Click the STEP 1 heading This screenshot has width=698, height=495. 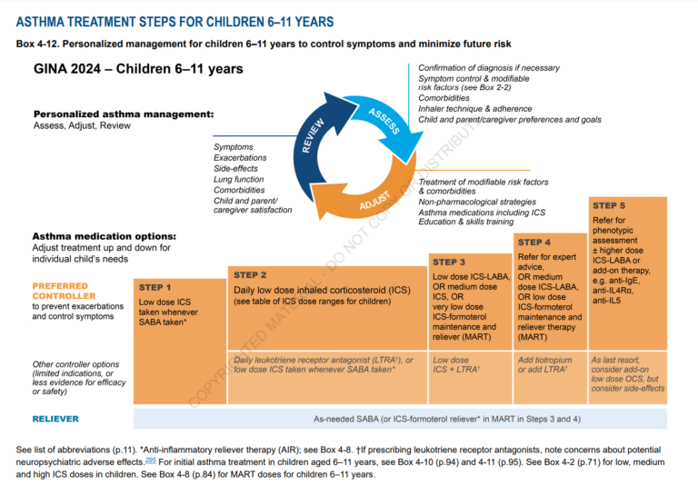point(155,287)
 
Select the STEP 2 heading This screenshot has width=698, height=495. point(250,274)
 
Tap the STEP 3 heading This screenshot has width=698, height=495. point(450,262)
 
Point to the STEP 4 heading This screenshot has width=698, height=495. point(533,242)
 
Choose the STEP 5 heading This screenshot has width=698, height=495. point(609,205)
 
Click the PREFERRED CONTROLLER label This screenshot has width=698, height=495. point(63,291)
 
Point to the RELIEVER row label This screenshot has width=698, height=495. point(55,419)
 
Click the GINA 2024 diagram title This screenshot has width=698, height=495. point(138,69)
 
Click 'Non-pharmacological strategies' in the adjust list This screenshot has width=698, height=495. point(476,202)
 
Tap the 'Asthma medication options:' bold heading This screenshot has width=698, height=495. point(105,237)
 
